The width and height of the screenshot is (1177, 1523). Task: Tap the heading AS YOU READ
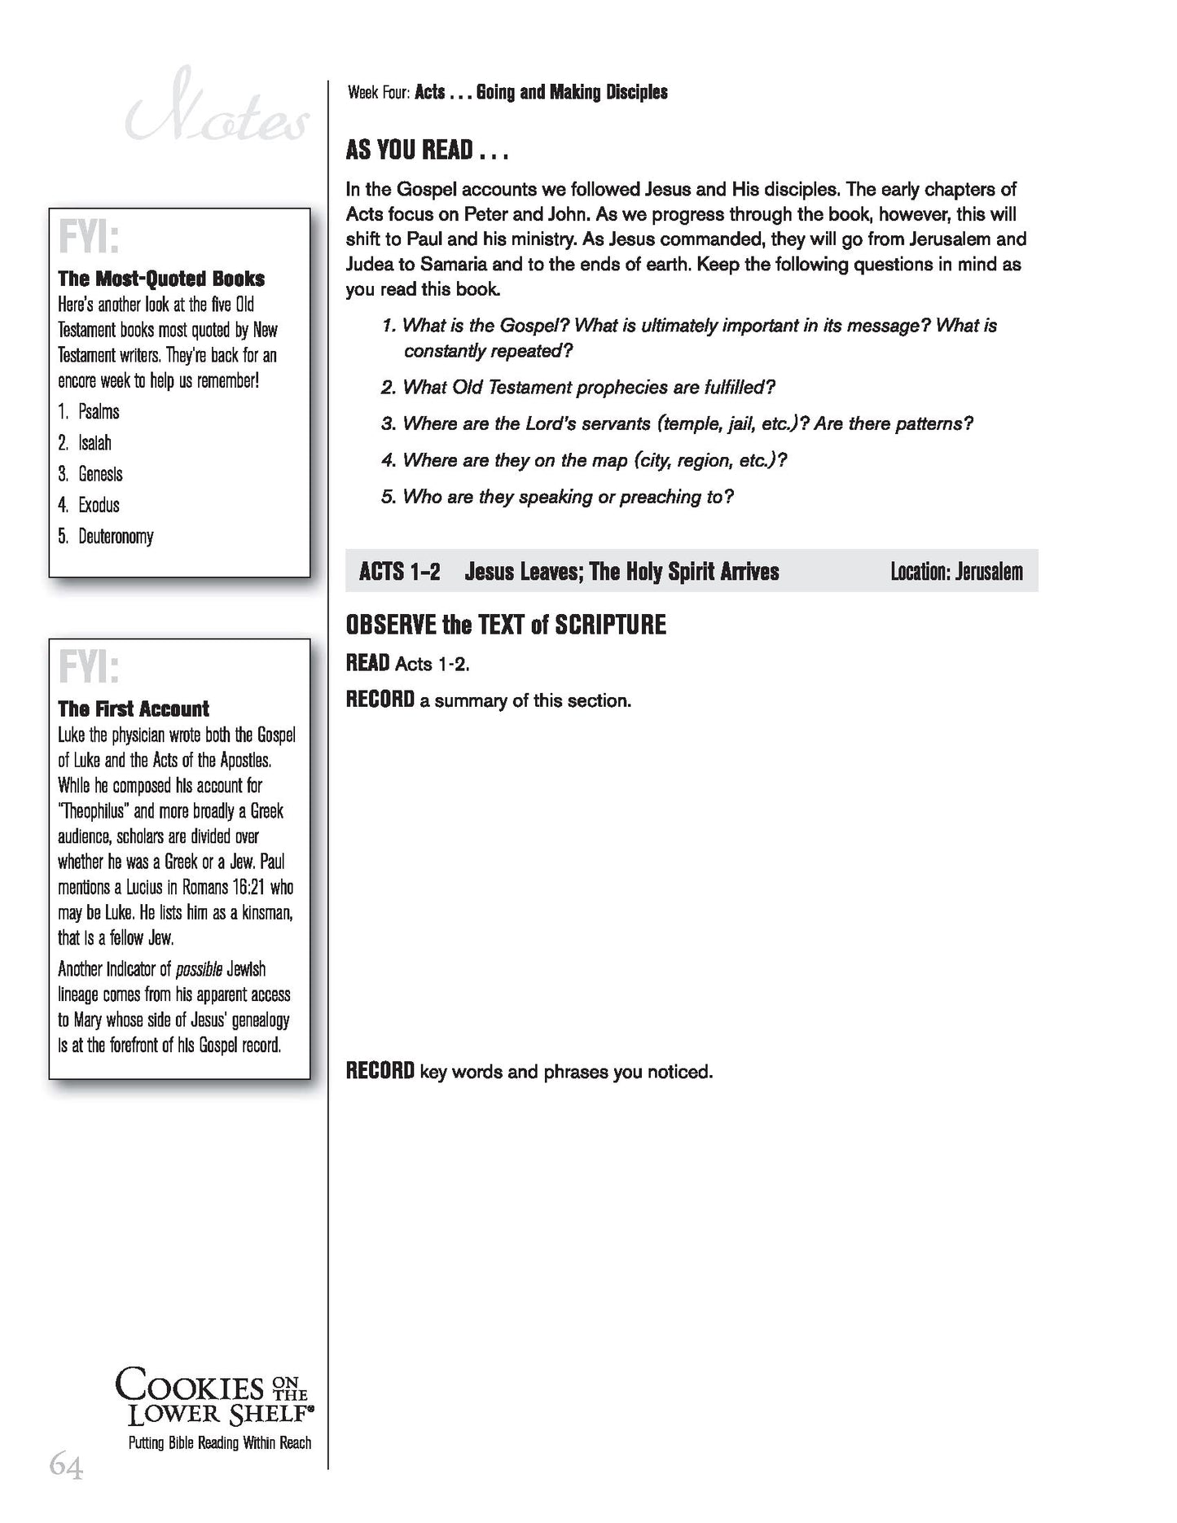[426, 151]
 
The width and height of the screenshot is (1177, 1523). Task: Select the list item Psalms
[99, 412]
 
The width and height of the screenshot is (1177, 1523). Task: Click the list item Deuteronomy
[116, 537]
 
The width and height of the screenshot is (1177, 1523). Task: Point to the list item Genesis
[100, 474]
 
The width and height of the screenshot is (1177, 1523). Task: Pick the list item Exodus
[99, 506]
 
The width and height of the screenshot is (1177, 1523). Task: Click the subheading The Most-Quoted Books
[161, 279]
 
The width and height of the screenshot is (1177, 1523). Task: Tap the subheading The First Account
[134, 709]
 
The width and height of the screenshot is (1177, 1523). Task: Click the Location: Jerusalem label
[956, 572]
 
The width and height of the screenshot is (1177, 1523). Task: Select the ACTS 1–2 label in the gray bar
[399, 572]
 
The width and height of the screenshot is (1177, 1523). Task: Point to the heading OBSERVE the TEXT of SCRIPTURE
[506, 625]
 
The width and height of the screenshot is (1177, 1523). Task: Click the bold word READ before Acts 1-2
[367, 663]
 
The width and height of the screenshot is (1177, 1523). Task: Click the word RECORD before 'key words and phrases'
[380, 1071]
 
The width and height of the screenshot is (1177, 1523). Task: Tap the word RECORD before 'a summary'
[380, 700]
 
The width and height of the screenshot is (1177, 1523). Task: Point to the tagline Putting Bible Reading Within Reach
[220, 1442]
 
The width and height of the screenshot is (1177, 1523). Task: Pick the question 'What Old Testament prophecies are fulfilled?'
[588, 387]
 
